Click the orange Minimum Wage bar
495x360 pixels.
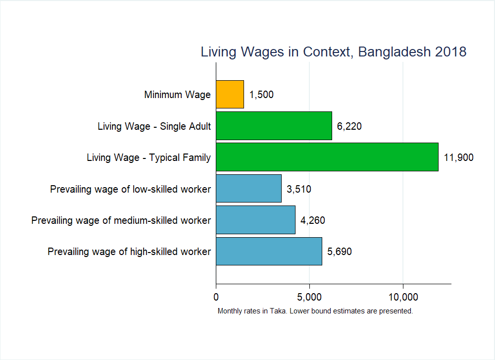[230, 94]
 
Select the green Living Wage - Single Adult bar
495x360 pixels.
[274, 126]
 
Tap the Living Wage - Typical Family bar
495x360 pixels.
[327, 157]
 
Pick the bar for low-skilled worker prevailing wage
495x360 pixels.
[248, 188]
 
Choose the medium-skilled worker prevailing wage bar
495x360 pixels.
[255, 220]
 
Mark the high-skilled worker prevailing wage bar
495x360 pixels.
[269, 251]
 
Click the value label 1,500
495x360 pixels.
[261, 95]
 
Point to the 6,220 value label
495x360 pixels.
[349, 126]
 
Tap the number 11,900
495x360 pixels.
[459, 157]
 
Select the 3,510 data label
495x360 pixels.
[299, 189]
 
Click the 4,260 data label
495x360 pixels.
[313, 220]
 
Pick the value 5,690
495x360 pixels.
[340, 252]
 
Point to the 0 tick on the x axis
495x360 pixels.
[216, 297]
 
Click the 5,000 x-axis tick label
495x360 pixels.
[309, 297]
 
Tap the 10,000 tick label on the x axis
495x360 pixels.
[403, 297]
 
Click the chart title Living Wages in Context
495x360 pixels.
[333, 51]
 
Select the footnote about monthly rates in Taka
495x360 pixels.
[315, 311]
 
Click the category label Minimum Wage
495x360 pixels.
[177, 95]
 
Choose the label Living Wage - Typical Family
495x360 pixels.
[148, 157]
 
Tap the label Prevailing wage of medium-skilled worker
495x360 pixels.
[121, 220]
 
